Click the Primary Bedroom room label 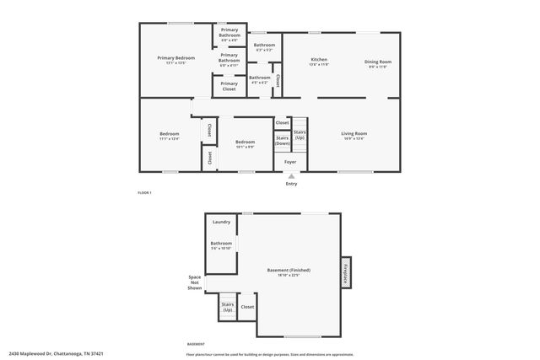point(175,59)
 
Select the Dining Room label point(377,62)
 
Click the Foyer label point(289,161)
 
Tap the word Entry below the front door point(291,183)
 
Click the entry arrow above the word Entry point(291,175)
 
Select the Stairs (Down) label point(283,141)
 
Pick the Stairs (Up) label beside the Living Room point(300,135)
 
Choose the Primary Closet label point(229,86)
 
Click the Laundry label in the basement point(221,222)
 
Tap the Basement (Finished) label point(289,271)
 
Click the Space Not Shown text point(195,282)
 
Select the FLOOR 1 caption point(144,193)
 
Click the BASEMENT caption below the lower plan point(195,344)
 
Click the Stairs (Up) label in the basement point(227,307)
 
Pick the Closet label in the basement point(247,307)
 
